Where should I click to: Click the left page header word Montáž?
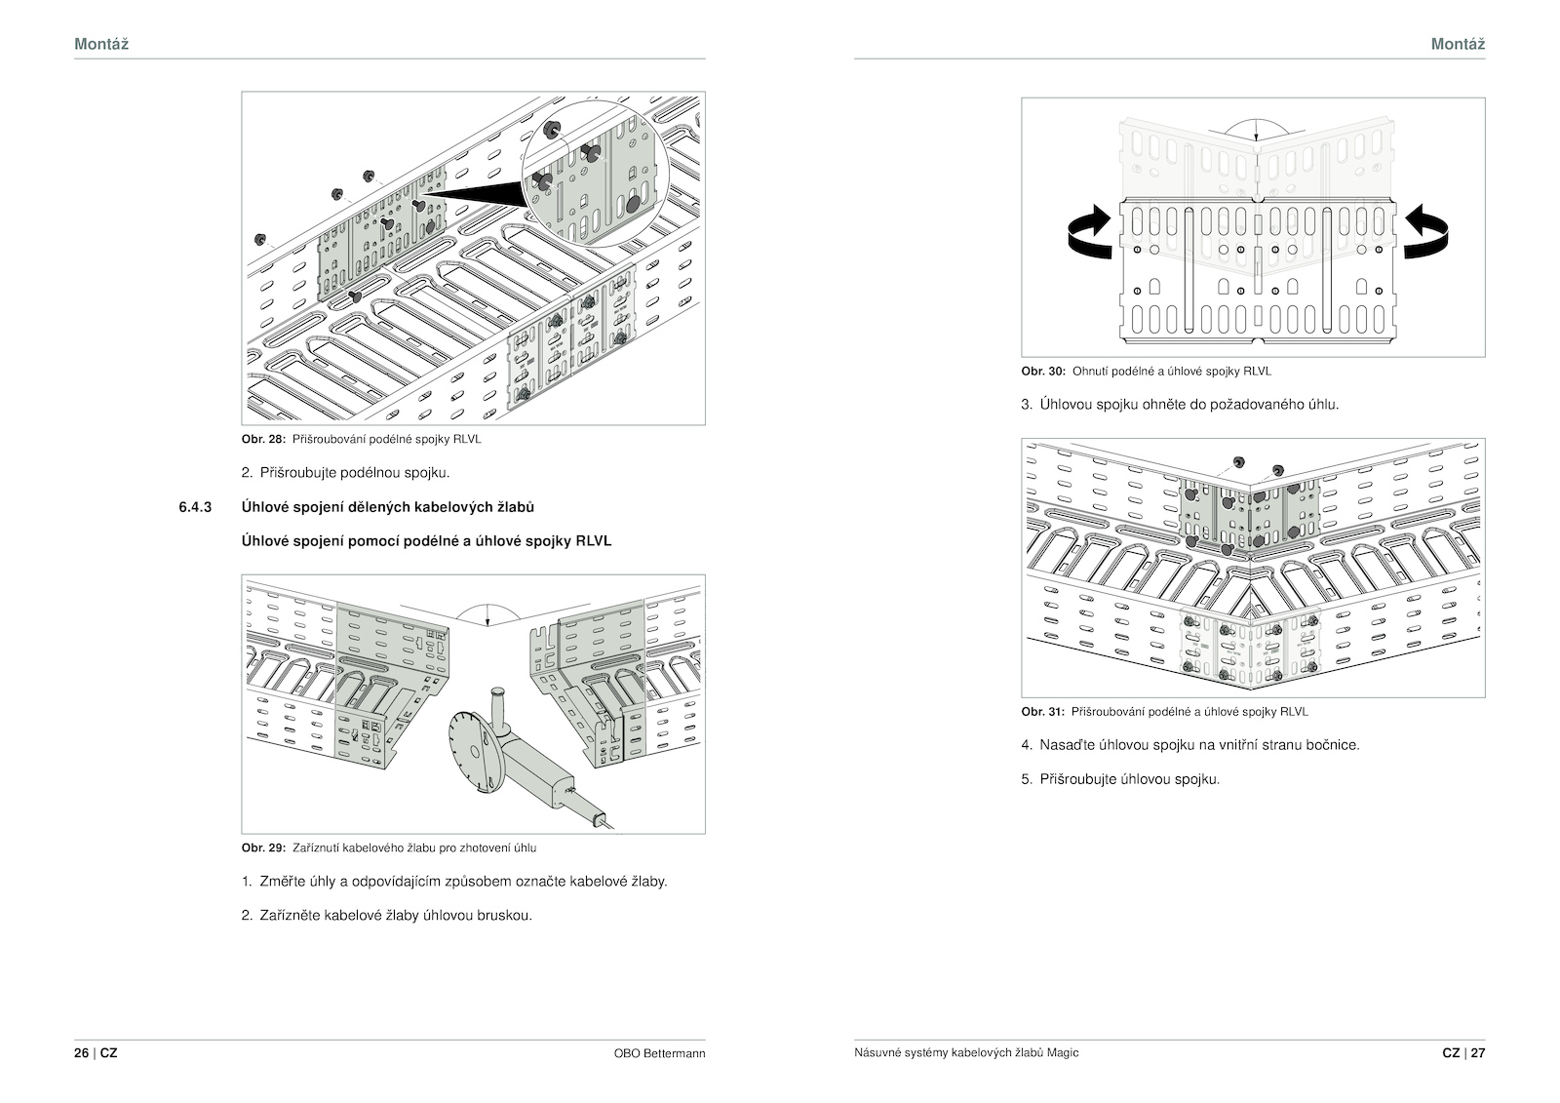pyautogui.click(x=101, y=44)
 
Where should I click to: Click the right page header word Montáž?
pyautogui.click(x=1458, y=44)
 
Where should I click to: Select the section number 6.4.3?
pyautogui.click(x=196, y=507)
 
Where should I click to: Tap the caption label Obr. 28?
pyautogui.click(x=263, y=439)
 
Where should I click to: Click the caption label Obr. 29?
pyautogui.click(x=263, y=847)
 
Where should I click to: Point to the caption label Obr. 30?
pyautogui.click(x=1043, y=372)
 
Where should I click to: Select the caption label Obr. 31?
pyautogui.click(x=1043, y=712)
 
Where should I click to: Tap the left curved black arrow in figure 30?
pyautogui.click(x=1090, y=231)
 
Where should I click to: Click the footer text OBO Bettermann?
pyautogui.click(x=659, y=1053)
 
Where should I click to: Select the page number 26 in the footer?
pyautogui.click(x=81, y=1053)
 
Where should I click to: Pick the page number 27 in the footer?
pyautogui.click(x=1478, y=1053)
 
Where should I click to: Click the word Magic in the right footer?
pyautogui.click(x=1064, y=1053)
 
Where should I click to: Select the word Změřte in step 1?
pyautogui.click(x=282, y=882)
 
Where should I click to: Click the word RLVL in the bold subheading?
pyautogui.click(x=593, y=540)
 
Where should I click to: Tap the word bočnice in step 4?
pyautogui.click(x=1332, y=745)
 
